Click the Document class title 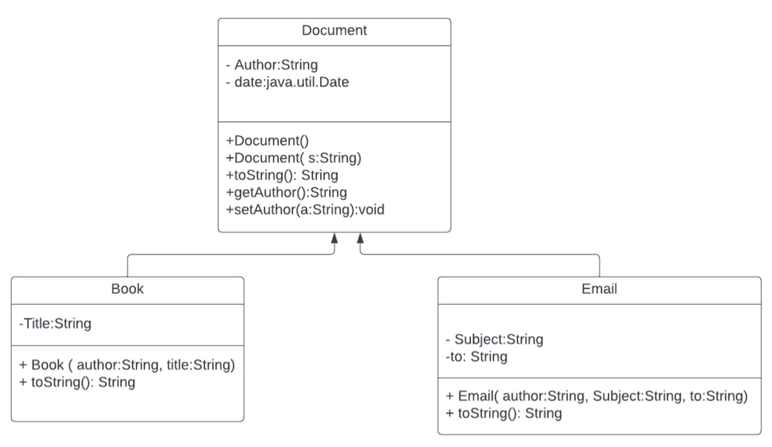(x=334, y=31)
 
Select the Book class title (x=127, y=289)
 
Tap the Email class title (x=599, y=289)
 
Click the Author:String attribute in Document (x=272, y=65)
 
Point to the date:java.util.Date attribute (x=287, y=83)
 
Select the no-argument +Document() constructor (x=257, y=140)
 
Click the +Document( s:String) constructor (x=294, y=158)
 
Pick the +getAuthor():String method (x=286, y=193)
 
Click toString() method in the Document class (x=282, y=175)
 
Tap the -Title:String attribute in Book (x=55, y=324)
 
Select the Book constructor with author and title (x=127, y=365)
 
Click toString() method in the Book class (x=77, y=382)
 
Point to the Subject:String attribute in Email (x=494, y=339)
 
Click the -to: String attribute (x=476, y=356)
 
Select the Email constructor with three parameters (x=596, y=396)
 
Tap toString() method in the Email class (x=504, y=413)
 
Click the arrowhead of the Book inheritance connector (x=334, y=238)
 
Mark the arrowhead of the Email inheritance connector (x=361, y=238)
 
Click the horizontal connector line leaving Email (x=481, y=255)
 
